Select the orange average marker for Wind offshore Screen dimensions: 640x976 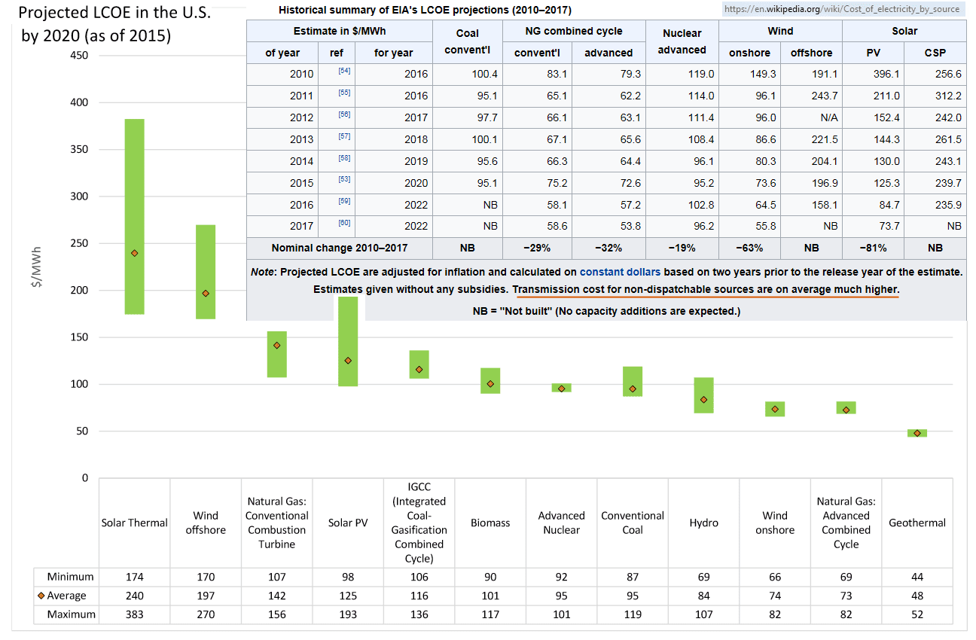205,293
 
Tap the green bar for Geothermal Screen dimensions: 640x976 917,433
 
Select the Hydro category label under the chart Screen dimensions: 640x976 703,523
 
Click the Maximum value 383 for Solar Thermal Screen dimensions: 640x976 134,614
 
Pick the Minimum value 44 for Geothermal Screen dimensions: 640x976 917,577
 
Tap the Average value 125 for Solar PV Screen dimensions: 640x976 347,596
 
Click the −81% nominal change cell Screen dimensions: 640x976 873,248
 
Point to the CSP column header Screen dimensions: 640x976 935,53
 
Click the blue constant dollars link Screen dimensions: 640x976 620,271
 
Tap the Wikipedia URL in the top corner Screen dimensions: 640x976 840,9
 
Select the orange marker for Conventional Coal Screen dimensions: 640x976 633,389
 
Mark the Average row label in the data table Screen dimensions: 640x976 66,596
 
